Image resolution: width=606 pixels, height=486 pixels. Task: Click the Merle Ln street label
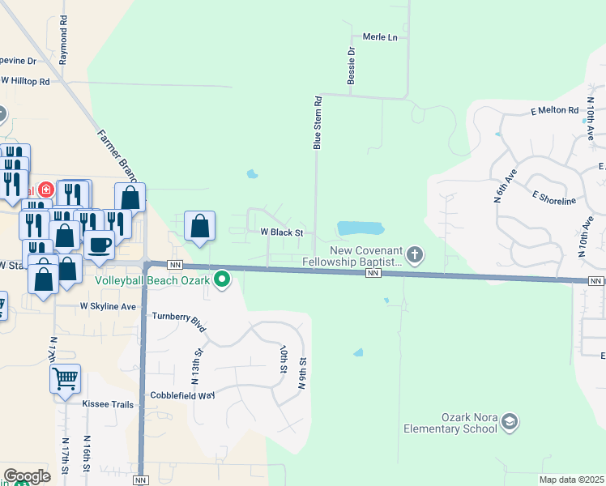pyautogui.click(x=380, y=37)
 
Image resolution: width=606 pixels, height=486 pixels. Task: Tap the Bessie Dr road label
pyautogui.click(x=352, y=62)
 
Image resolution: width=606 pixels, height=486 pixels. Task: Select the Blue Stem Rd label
pyautogui.click(x=318, y=123)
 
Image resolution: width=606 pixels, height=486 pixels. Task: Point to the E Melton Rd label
pyautogui.click(x=554, y=110)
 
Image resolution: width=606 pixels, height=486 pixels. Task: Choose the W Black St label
pyautogui.click(x=281, y=232)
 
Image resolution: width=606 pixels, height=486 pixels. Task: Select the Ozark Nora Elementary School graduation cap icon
pyautogui.click(x=509, y=421)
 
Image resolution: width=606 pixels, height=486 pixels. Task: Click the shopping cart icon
pyautogui.click(x=65, y=377)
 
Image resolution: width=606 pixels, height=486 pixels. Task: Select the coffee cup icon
pyautogui.click(x=99, y=244)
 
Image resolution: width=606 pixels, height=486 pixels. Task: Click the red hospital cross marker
pyautogui.click(x=45, y=190)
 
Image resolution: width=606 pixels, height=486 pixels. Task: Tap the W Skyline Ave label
pyautogui.click(x=108, y=307)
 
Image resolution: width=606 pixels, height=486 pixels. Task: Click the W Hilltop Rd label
pyautogui.click(x=25, y=81)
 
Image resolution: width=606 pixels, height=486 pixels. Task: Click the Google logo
pyautogui.click(x=27, y=476)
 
